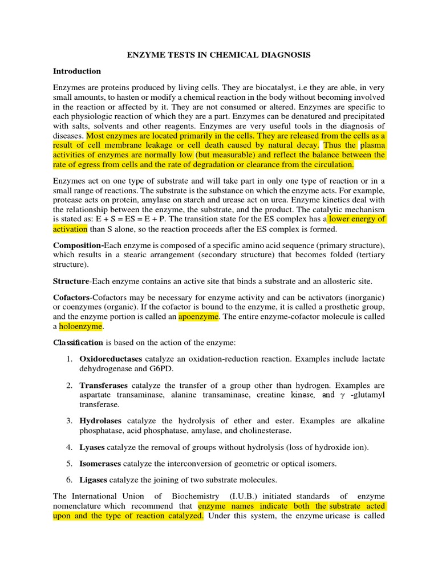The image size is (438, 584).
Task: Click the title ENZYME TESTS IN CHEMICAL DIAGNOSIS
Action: coord(218,55)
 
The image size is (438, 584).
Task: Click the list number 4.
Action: coord(68,447)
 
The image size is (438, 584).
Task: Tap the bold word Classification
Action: coord(78,342)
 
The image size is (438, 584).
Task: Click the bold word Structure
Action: coord(71,281)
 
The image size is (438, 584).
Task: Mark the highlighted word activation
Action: coord(70,229)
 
